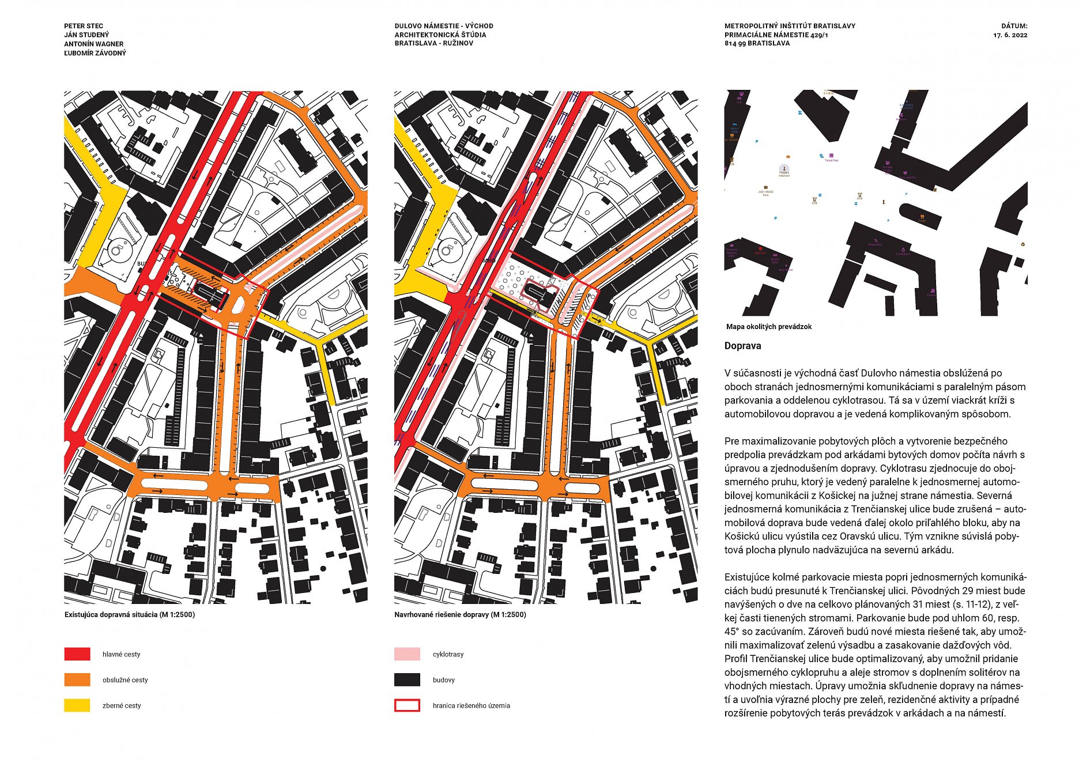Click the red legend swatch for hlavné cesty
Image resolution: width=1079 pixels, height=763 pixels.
pos(77,654)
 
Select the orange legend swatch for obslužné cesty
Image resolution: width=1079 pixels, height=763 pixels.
pos(77,680)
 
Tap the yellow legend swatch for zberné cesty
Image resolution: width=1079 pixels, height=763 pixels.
pos(77,705)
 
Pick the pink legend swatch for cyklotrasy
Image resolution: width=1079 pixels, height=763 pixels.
pos(407,654)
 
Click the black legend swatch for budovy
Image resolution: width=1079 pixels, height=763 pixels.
pos(407,680)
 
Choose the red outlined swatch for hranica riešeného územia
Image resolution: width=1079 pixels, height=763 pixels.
pos(407,705)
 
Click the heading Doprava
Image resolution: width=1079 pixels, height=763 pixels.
pos(742,346)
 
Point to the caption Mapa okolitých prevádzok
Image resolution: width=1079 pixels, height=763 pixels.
pos(768,327)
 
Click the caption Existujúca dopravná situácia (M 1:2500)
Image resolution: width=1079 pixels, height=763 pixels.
pos(130,614)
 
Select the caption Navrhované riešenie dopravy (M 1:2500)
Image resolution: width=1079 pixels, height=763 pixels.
pos(460,614)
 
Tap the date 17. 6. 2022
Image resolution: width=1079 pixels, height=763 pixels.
pos(1010,35)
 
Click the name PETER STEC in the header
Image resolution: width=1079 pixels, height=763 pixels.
pos(84,26)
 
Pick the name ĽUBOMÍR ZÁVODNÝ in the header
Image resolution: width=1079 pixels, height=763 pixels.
pos(95,53)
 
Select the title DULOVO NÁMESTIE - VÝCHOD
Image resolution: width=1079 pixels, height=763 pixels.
pos(444,26)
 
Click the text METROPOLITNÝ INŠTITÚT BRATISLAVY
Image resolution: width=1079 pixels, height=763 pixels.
pos(790,26)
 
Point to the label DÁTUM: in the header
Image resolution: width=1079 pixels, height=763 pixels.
pos(1014,26)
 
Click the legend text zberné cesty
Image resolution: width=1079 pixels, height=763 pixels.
pos(122,705)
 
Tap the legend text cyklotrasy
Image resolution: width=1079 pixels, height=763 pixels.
pos(448,654)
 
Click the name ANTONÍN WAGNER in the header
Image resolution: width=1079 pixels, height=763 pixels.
pos(93,44)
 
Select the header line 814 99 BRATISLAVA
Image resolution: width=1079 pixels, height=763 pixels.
pos(757,43)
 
